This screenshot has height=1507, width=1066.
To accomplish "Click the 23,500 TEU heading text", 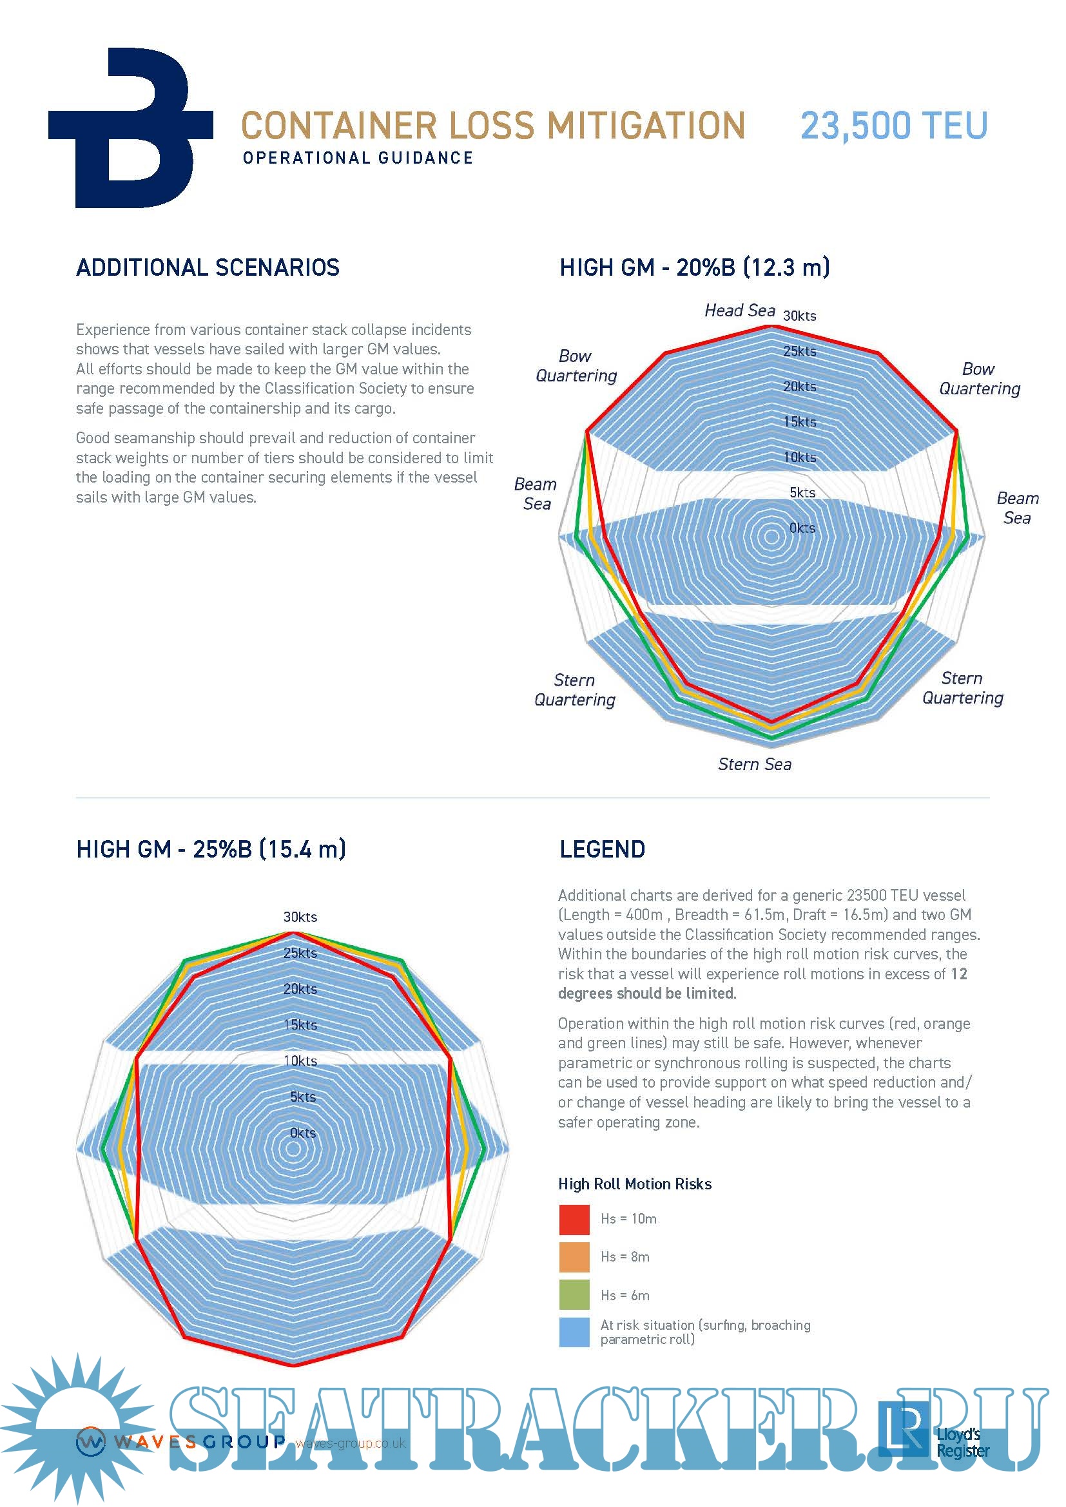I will tap(893, 126).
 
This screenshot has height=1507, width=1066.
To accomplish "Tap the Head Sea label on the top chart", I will tap(740, 311).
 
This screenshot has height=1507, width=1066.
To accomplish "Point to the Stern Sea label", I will tap(754, 764).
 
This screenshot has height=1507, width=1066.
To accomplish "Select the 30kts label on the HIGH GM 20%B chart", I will tap(799, 316).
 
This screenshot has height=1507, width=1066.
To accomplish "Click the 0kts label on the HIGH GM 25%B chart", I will tap(303, 1133).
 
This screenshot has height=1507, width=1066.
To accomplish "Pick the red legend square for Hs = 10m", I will tap(574, 1220).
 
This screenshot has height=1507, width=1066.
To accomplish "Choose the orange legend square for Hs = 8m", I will tap(574, 1257).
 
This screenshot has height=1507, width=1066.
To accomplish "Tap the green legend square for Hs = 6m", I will tap(574, 1295).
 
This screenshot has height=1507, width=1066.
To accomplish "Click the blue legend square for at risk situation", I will tap(574, 1332).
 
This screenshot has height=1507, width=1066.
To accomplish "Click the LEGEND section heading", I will tap(602, 849).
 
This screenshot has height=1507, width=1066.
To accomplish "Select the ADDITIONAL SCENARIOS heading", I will tap(208, 268).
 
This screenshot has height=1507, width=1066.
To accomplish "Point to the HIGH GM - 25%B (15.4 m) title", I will tap(211, 849).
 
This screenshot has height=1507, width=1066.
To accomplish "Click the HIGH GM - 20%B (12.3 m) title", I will tap(695, 268).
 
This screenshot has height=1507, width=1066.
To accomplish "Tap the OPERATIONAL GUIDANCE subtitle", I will tap(358, 158).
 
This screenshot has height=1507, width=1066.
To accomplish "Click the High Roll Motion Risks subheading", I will tap(634, 1184).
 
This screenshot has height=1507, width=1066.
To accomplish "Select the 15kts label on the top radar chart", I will tap(799, 422).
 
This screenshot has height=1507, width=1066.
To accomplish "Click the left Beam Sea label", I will tap(536, 494).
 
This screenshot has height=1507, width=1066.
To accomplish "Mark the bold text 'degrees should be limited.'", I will tap(646, 993).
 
